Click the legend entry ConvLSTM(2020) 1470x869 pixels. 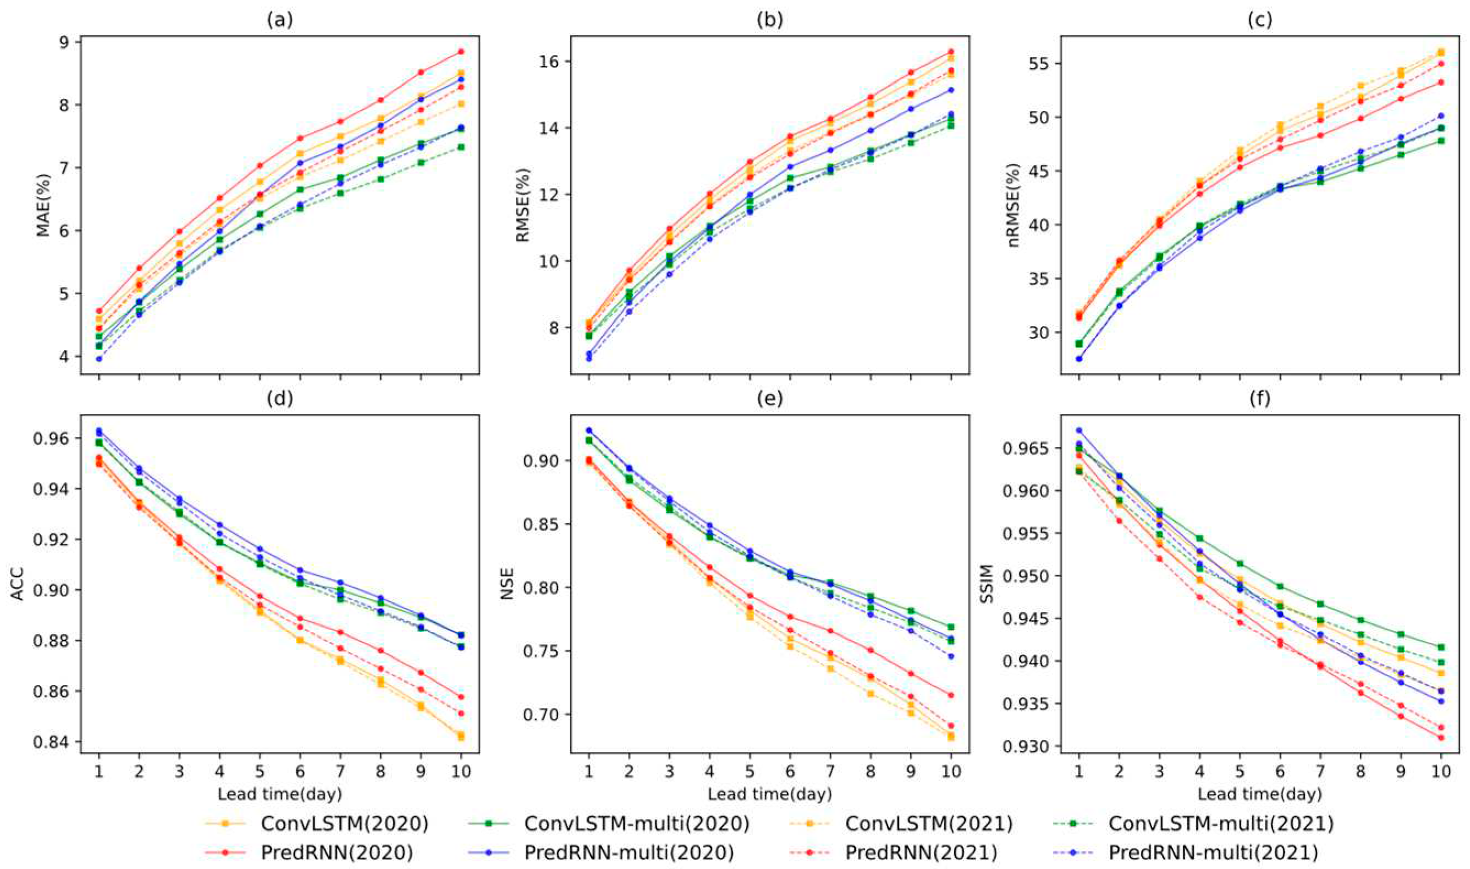tap(344, 824)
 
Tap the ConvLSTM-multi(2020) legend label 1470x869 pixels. tap(636, 824)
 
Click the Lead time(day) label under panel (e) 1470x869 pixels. tap(769, 794)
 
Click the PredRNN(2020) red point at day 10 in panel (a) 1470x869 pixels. tap(461, 52)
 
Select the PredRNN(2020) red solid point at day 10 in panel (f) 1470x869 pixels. tap(1441, 737)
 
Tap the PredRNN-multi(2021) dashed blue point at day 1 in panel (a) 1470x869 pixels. tap(99, 358)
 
